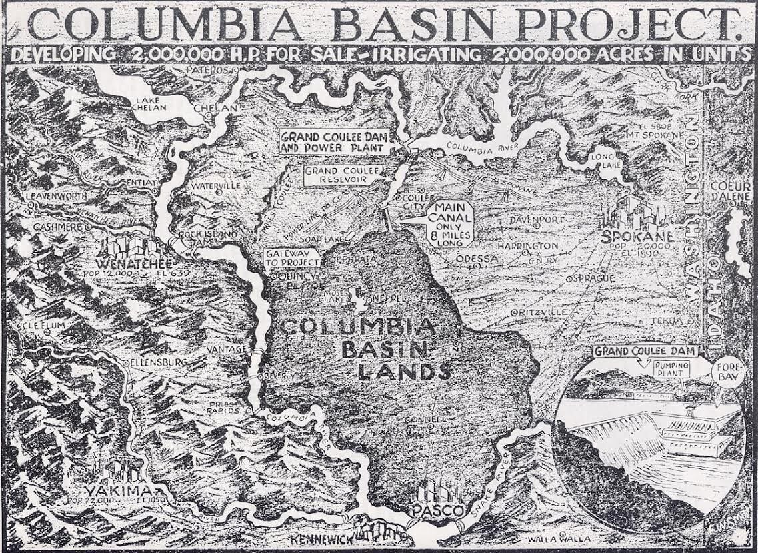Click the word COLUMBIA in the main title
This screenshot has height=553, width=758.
pyautogui.click(x=163, y=25)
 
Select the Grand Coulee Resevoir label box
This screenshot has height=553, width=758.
pyautogui.click(x=335, y=175)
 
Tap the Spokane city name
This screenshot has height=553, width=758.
pyautogui.click(x=636, y=236)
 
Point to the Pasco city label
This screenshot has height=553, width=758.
pyautogui.click(x=438, y=510)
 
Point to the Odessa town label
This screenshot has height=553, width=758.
pyautogui.click(x=477, y=258)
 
